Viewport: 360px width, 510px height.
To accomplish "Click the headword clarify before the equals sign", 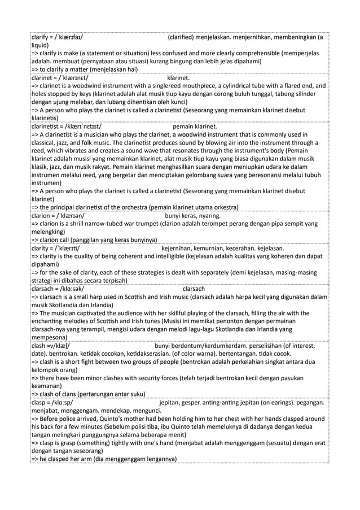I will [x=40, y=38].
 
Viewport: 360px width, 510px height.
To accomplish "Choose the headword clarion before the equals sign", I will [x=41, y=215].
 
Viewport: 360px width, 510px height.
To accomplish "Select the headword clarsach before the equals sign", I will [x=43, y=289].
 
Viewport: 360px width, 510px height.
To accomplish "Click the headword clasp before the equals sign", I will [x=39, y=403].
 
